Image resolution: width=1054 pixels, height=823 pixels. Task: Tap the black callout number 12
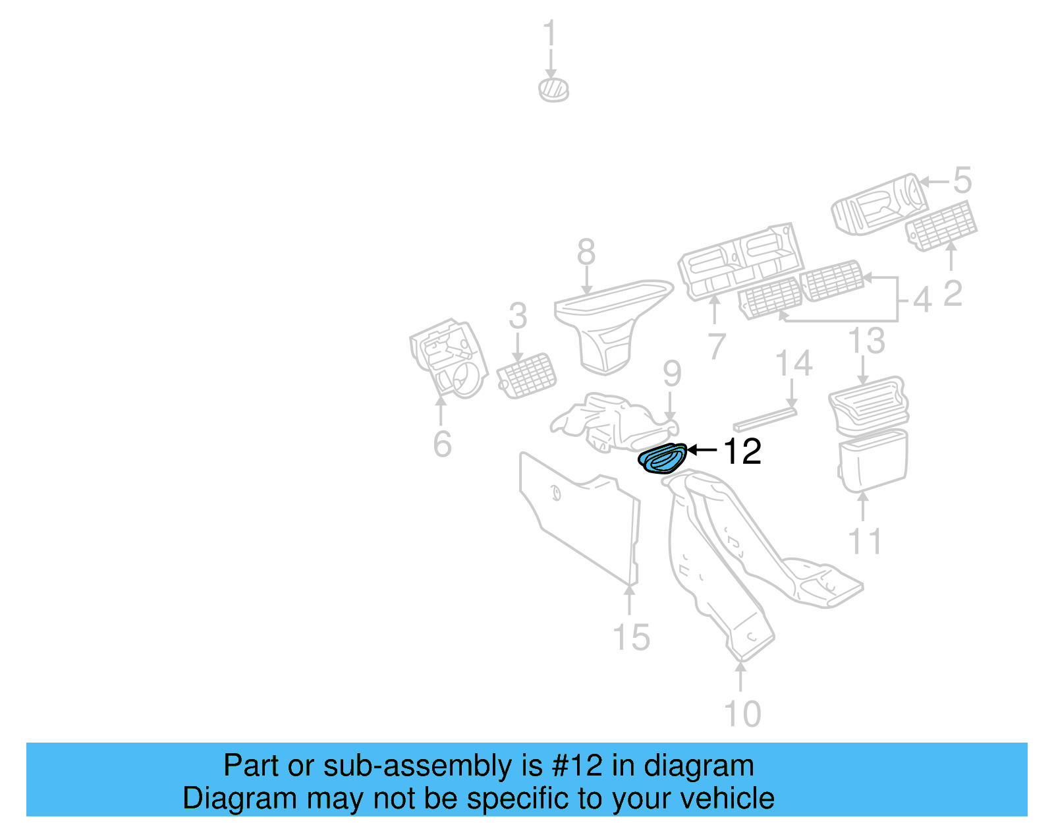(742, 452)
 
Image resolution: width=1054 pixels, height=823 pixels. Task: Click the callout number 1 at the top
(550, 34)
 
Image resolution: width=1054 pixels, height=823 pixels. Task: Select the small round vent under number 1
(553, 89)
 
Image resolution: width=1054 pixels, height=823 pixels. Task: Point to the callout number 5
(962, 180)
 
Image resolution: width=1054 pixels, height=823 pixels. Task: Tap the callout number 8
(586, 252)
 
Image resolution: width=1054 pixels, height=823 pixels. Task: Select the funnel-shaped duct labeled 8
(606, 323)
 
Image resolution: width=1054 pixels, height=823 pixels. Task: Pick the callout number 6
(442, 443)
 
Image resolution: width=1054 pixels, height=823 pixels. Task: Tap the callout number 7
(716, 346)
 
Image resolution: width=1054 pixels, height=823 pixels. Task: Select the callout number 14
(793, 364)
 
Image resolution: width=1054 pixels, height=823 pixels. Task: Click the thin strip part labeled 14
(764, 419)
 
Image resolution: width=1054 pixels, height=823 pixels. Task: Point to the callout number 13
(866, 341)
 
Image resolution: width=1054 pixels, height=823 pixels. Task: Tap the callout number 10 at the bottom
(742, 714)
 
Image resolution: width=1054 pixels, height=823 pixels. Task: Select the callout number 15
(631, 637)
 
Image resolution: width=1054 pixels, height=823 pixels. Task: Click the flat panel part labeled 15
(580, 521)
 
